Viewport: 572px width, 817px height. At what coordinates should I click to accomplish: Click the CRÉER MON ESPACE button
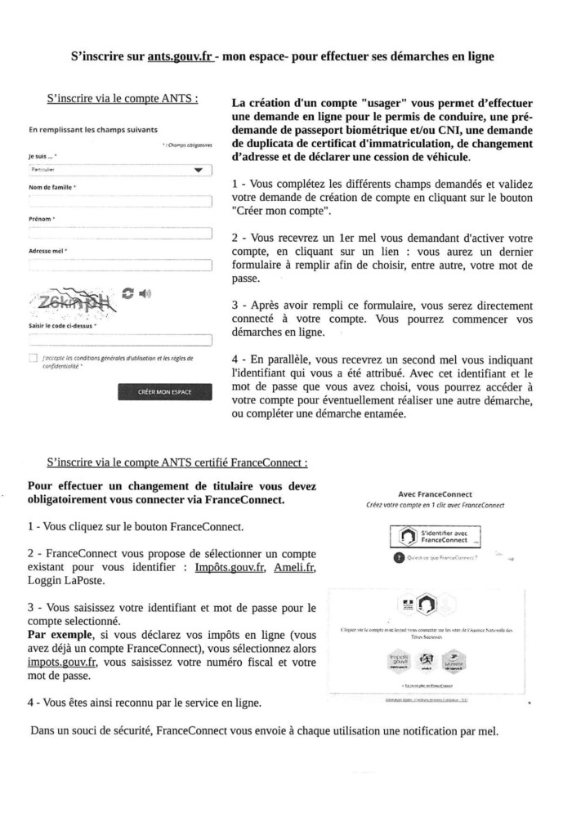coord(164,392)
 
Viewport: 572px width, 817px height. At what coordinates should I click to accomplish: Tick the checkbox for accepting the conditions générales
coord(33,358)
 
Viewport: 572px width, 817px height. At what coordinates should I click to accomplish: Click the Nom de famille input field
coord(119,201)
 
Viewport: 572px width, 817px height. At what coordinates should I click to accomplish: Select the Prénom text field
coord(119,234)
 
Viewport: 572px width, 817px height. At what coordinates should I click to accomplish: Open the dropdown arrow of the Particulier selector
coord(198,171)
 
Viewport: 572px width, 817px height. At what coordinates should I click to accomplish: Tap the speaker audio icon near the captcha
coord(145,292)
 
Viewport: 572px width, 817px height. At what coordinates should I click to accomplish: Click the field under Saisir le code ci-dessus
coord(119,339)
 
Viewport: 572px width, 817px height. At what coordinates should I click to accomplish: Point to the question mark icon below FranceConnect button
coord(398,558)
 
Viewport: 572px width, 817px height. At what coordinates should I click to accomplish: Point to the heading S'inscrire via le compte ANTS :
coord(122,99)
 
